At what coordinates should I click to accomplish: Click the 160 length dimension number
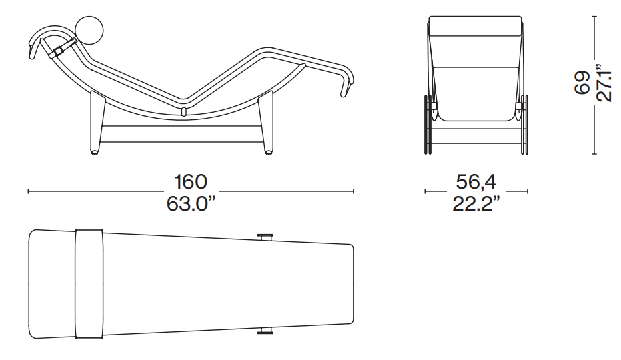(191, 182)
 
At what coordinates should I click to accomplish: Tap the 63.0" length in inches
(191, 204)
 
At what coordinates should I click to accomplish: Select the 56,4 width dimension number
(476, 182)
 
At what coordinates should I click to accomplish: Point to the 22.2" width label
(476, 204)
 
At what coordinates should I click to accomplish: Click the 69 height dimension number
(582, 83)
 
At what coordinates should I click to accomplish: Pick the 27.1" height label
(604, 83)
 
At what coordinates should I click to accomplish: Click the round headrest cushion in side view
(89, 30)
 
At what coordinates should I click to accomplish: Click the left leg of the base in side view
(96, 123)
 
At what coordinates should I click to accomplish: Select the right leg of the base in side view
(266, 123)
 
